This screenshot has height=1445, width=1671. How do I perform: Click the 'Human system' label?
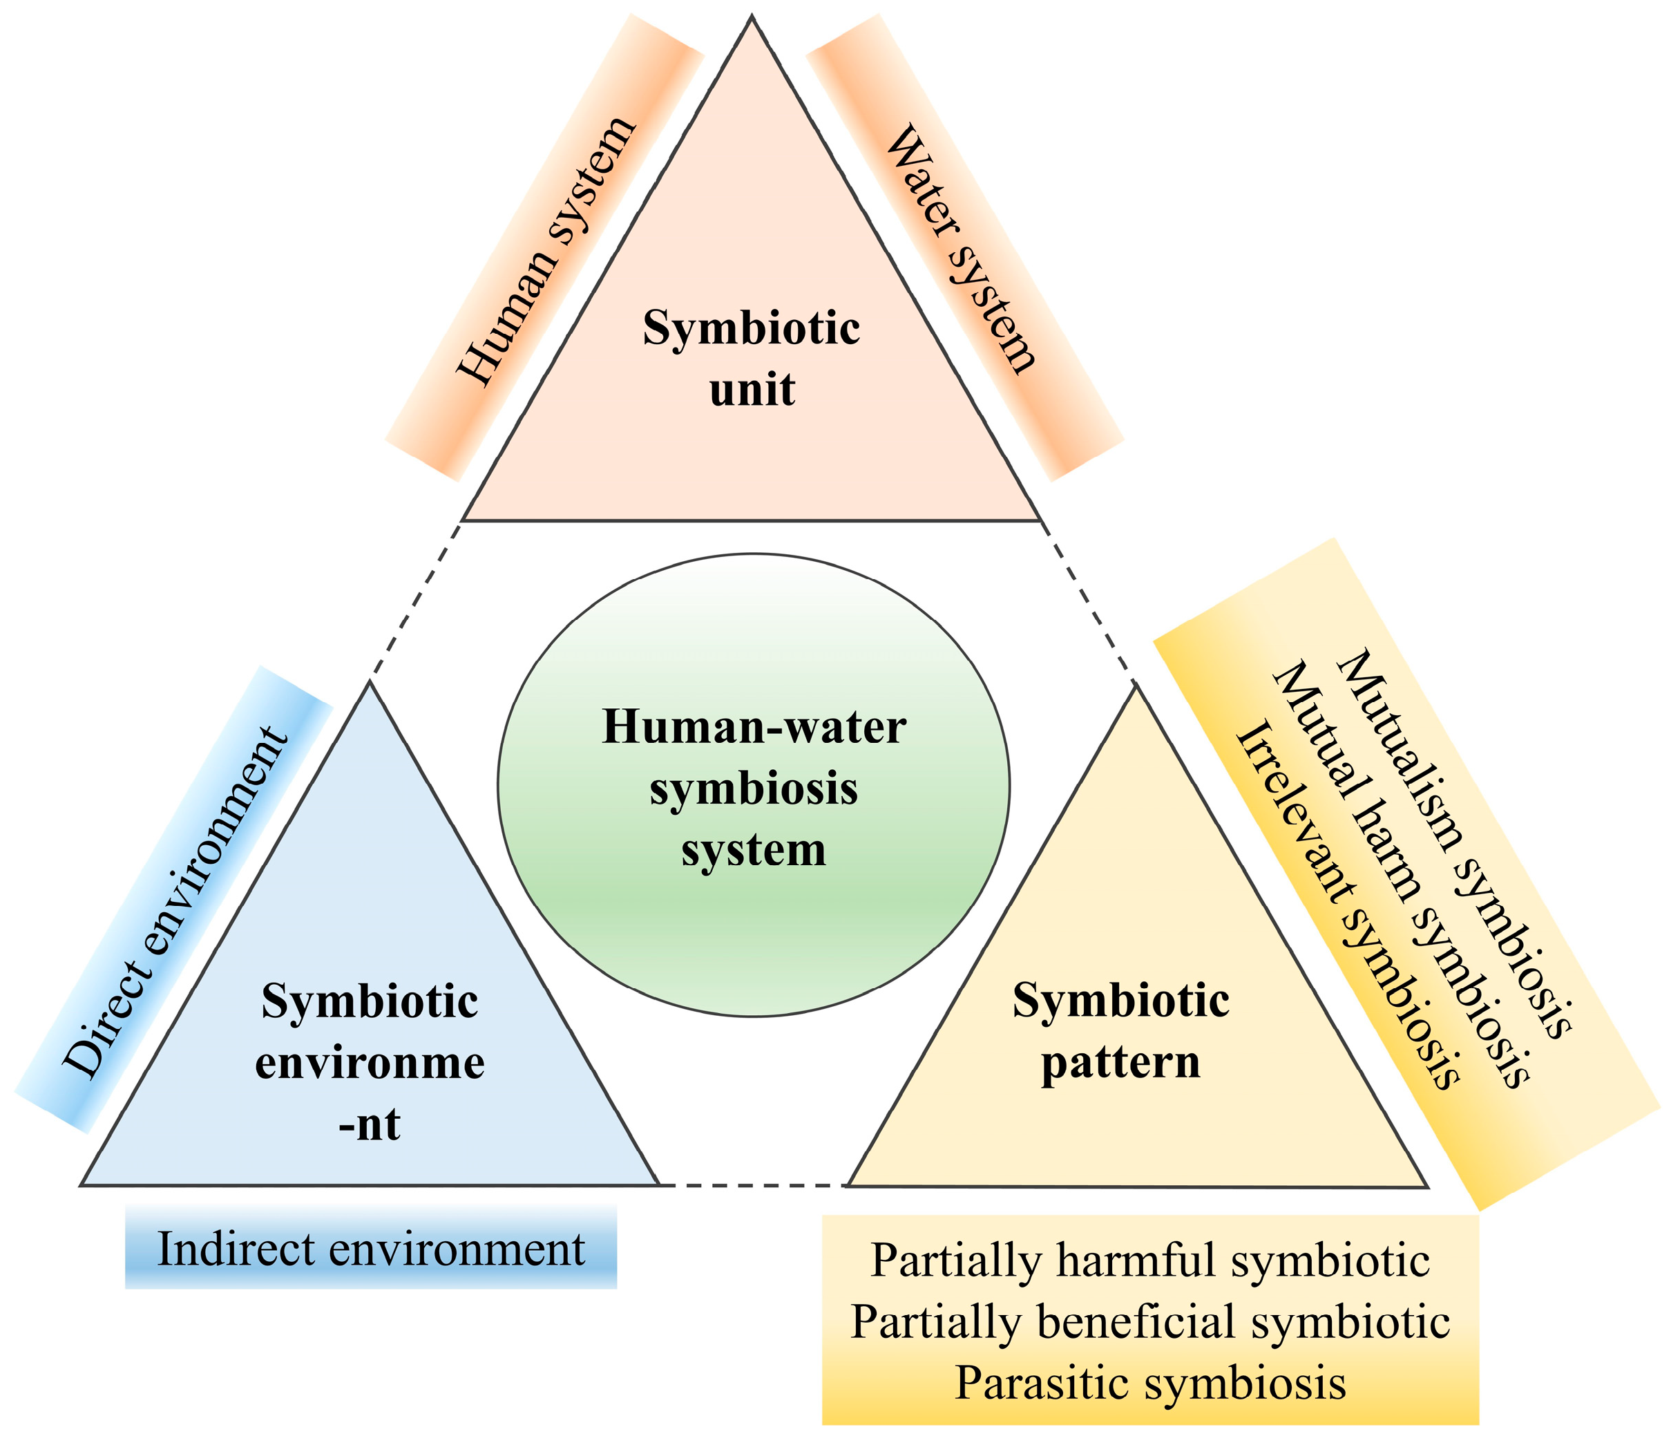coord(546,251)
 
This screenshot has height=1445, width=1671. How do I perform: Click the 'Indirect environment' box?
coord(371,1249)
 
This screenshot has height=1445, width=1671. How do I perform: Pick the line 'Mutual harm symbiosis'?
coord(1401,875)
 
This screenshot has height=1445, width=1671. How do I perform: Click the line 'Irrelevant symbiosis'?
coord(1348,905)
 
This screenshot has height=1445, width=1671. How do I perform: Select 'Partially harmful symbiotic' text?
coord(1150,1260)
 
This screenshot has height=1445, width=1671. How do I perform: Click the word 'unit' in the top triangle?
coord(752,390)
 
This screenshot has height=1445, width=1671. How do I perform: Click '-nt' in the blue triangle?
coord(370,1124)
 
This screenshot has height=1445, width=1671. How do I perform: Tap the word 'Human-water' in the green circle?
coord(754,727)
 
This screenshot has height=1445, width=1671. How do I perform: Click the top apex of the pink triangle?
coord(752,18)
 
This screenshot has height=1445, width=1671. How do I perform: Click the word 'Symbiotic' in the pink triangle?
coord(752,328)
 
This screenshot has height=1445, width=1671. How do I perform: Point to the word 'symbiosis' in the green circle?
coord(754,789)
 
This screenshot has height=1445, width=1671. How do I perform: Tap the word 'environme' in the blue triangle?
coord(370,1063)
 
